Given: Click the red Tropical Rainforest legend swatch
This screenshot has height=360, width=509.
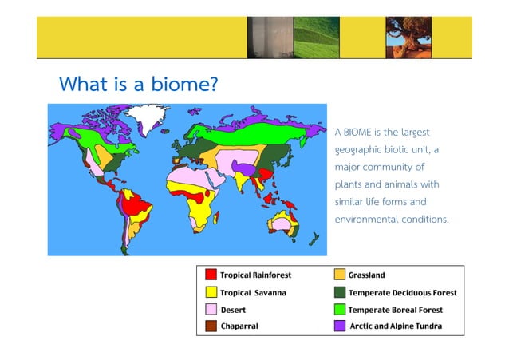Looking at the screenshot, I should [x=211, y=275].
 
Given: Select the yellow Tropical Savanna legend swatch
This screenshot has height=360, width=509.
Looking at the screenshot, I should [x=211, y=292].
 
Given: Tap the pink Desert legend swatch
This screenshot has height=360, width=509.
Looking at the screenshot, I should [x=211, y=309].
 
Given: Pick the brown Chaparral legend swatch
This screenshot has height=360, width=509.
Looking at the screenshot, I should [x=211, y=326].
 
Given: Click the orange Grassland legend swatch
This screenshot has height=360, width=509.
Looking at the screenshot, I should [x=341, y=275].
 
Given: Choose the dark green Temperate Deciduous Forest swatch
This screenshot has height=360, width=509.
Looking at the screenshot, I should [x=341, y=292].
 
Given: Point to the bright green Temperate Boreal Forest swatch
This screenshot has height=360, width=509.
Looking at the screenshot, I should [x=341, y=309].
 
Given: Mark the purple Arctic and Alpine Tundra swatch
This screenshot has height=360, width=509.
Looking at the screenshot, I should [x=341, y=326].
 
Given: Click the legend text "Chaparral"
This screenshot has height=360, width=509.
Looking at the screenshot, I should [x=239, y=326].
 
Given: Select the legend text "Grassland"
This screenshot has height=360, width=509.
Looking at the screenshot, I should [x=366, y=275].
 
